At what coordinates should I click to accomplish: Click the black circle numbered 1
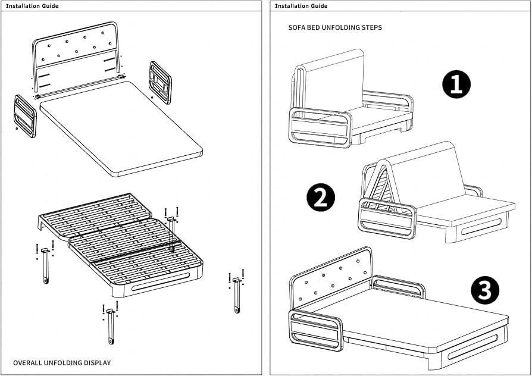tap(456, 84)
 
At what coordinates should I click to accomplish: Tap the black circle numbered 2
tap(321, 197)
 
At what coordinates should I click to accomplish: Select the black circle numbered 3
tap(485, 291)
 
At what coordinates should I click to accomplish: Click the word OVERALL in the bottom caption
tap(27, 363)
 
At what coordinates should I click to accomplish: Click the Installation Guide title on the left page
tap(32, 6)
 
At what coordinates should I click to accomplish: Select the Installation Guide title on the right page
tap(301, 6)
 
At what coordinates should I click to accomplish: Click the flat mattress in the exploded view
tap(121, 129)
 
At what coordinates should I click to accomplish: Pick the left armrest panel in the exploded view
tap(25, 116)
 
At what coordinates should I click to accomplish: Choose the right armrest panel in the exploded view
tap(160, 83)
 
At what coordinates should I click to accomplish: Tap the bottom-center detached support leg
tap(111, 326)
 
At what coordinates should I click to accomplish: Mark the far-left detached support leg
tap(45, 265)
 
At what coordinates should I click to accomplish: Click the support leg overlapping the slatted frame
tap(172, 234)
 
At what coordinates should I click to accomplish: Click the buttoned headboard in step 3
tap(331, 277)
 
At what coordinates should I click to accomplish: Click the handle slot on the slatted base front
tap(160, 281)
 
